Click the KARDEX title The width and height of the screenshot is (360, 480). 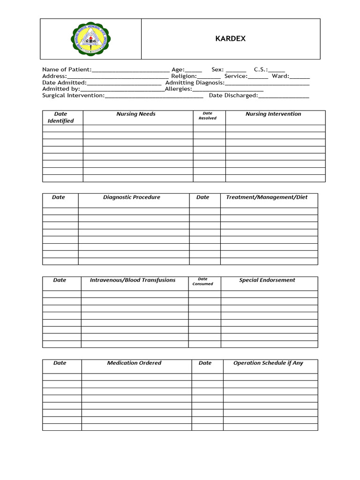(230, 39)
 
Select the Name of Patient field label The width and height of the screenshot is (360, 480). (67, 69)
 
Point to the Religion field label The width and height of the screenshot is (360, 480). (184, 76)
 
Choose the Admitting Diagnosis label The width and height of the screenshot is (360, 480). (195, 82)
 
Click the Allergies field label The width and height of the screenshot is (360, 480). (178, 89)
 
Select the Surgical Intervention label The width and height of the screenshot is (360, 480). (73, 96)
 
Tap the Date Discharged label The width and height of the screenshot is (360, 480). (233, 96)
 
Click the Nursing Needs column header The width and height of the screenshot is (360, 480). (136, 114)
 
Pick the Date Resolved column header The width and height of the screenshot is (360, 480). (208, 116)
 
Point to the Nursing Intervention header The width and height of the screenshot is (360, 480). (273, 114)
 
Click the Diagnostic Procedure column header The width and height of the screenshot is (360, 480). (132, 197)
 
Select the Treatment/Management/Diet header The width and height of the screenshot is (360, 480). (267, 197)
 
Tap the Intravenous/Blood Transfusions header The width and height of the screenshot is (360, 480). (133, 280)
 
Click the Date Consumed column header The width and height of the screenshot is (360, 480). (202, 281)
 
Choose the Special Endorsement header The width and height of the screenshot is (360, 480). (267, 280)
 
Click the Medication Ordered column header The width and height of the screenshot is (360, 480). (134, 363)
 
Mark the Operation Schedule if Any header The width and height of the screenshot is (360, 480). (268, 363)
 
